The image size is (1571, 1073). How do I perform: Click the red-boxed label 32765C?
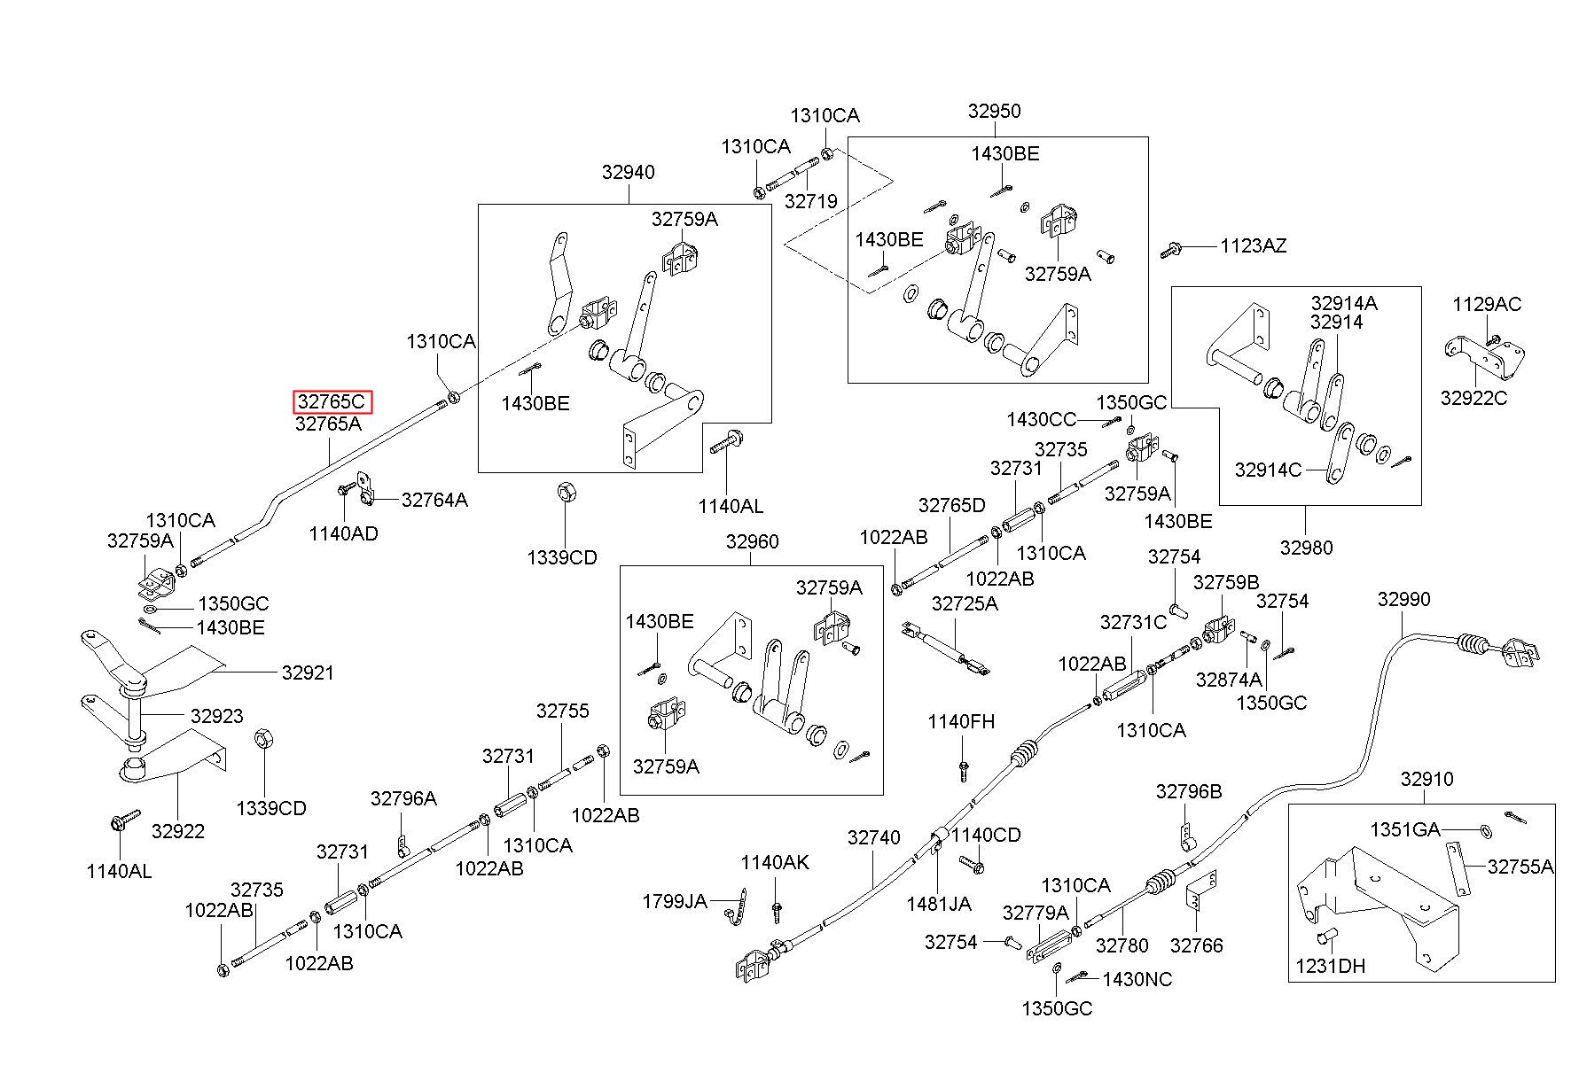click(331, 401)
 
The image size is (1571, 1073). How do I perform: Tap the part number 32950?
click(994, 111)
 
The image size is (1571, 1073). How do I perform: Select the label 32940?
click(628, 172)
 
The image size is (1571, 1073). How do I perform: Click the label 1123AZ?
click(1253, 245)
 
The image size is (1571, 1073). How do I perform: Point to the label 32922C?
click(1473, 398)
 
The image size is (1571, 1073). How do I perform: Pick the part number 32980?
click(1306, 547)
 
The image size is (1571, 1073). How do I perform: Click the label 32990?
click(1403, 599)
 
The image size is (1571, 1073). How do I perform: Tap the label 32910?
click(1427, 779)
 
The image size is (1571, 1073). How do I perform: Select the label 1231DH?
click(1331, 966)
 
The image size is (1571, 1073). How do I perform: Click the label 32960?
click(752, 541)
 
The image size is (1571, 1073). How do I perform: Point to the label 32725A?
click(965, 603)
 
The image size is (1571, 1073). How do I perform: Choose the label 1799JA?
click(675, 901)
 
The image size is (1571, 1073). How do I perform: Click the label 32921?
click(308, 673)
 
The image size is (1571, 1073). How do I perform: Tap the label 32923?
click(216, 715)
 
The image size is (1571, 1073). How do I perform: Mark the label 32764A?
click(434, 500)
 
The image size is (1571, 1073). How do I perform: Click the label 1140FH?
click(961, 721)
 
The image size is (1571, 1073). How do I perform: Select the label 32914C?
click(1268, 470)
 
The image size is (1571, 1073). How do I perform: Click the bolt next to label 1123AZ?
click(1170, 251)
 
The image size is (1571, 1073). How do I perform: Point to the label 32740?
click(873, 837)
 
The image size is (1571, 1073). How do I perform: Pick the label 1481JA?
click(939, 904)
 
